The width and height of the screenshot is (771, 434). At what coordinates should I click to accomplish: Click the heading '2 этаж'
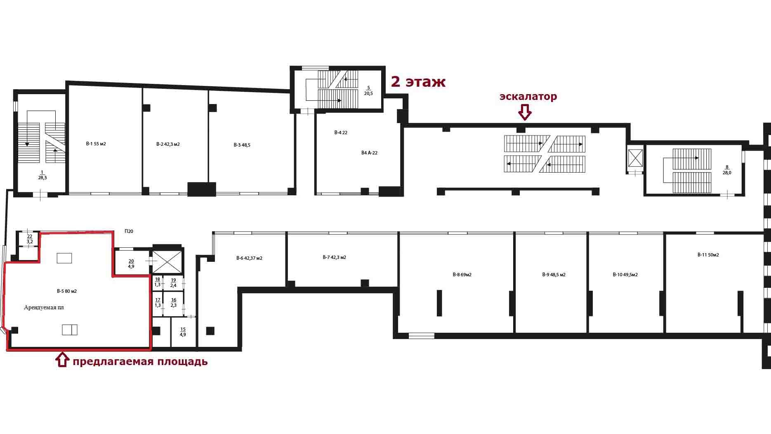(418, 82)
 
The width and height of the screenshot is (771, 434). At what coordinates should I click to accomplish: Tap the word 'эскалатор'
(528, 97)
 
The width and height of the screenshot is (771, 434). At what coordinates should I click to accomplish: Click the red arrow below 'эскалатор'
(524, 112)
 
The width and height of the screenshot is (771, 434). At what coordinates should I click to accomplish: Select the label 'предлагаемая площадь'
(140, 362)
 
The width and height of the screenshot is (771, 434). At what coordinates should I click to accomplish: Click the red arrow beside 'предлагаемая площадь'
(62, 360)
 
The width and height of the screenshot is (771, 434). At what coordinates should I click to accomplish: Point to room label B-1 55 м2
(96, 144)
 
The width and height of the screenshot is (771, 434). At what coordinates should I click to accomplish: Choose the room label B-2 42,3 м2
(168, 144)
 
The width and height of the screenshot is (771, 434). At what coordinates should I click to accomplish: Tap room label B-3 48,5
(242, 145)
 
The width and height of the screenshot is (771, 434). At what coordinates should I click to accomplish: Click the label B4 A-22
(369, 153)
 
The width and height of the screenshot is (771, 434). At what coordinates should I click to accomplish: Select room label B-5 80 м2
(67, 291)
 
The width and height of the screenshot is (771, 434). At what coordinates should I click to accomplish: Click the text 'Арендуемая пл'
(44, 307)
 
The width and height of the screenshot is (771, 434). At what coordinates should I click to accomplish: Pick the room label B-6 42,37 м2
(249, 258)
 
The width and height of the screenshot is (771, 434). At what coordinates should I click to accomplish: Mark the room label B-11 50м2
(708, 255)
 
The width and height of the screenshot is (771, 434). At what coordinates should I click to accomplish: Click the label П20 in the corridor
(129, 231)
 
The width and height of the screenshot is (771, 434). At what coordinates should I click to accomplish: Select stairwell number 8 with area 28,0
(727, 170)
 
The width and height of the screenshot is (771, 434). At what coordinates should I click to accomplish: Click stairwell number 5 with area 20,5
(368, 91)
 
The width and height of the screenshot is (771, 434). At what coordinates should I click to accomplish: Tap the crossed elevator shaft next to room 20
(167, 261)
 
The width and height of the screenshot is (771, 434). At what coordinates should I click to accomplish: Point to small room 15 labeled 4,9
(183, 332)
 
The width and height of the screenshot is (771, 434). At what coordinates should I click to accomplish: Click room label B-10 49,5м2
(625, 275)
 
